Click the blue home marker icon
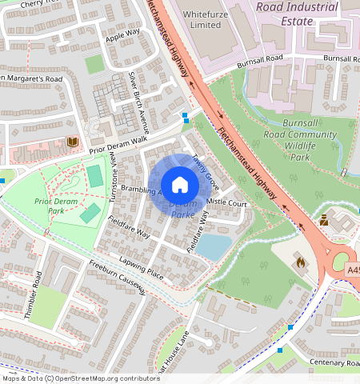(180, 185)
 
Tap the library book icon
(73, 142)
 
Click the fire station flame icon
(300, 261)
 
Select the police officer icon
(324, 218)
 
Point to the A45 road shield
(353, 272)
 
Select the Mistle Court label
(227, 202)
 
